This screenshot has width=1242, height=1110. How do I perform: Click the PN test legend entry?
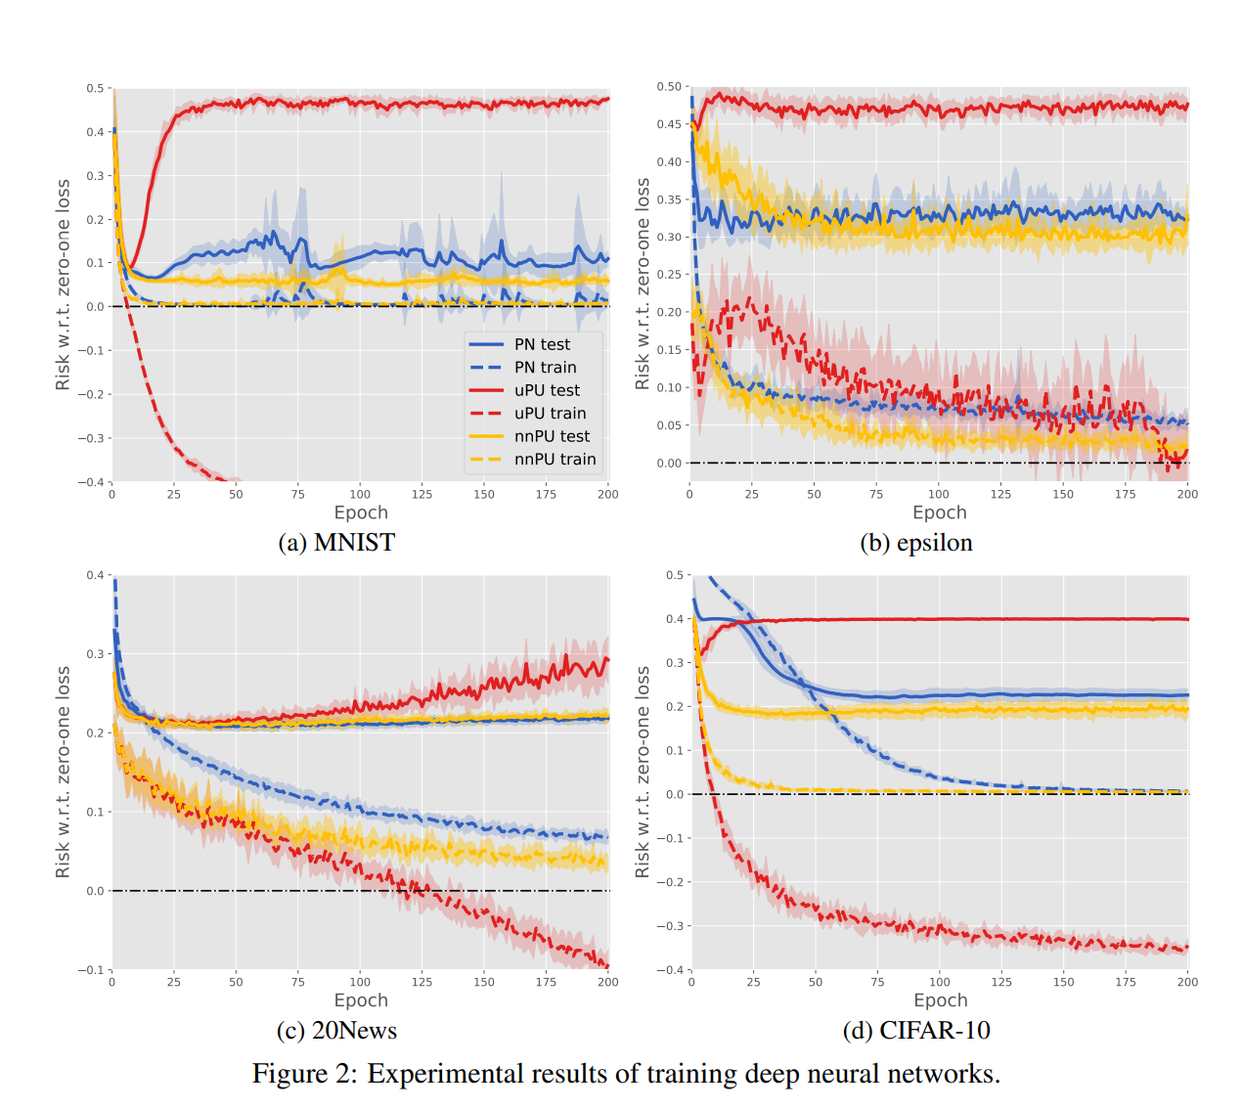(542, 344)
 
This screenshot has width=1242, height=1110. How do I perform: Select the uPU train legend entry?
(550, 414)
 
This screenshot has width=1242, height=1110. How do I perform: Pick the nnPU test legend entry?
(552, 436)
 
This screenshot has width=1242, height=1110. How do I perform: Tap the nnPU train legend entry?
(554, 460)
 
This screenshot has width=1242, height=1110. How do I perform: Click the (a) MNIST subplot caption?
(336, 543)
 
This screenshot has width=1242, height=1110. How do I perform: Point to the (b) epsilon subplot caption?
(916, 543)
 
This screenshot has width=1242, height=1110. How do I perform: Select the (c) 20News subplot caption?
(336, 1031)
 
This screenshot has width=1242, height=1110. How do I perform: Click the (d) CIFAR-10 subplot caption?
(916, 1031)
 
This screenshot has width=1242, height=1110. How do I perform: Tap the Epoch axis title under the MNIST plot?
(361, 512)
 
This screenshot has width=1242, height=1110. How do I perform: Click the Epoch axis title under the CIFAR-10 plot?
(940, 1000)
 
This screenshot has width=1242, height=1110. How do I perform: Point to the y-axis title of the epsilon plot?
(643, 284)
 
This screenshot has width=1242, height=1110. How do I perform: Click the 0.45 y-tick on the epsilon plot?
(669, 124)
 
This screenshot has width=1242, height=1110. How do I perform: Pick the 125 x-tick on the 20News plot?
(421, 982)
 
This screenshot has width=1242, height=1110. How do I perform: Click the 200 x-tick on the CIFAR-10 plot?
(1187, 982)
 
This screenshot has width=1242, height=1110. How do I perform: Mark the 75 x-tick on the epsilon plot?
(876, 494)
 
